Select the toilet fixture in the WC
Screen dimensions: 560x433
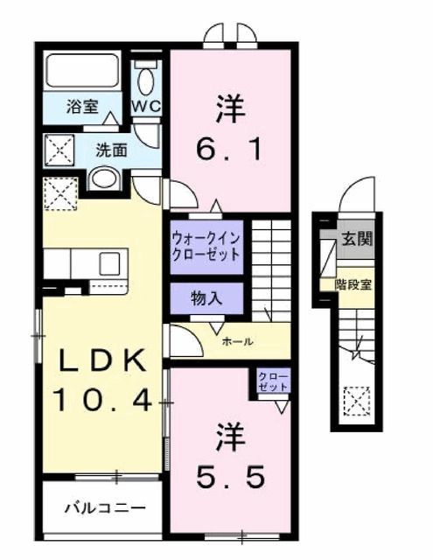(146, 78)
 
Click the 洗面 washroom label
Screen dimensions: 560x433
(111, 149)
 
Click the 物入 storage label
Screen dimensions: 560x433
(206, 297)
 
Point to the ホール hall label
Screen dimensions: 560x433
(238, 341)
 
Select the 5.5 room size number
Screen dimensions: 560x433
(230, 477)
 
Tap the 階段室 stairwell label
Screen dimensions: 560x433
(353, 283)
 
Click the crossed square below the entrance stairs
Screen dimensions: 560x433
(356, 402)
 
